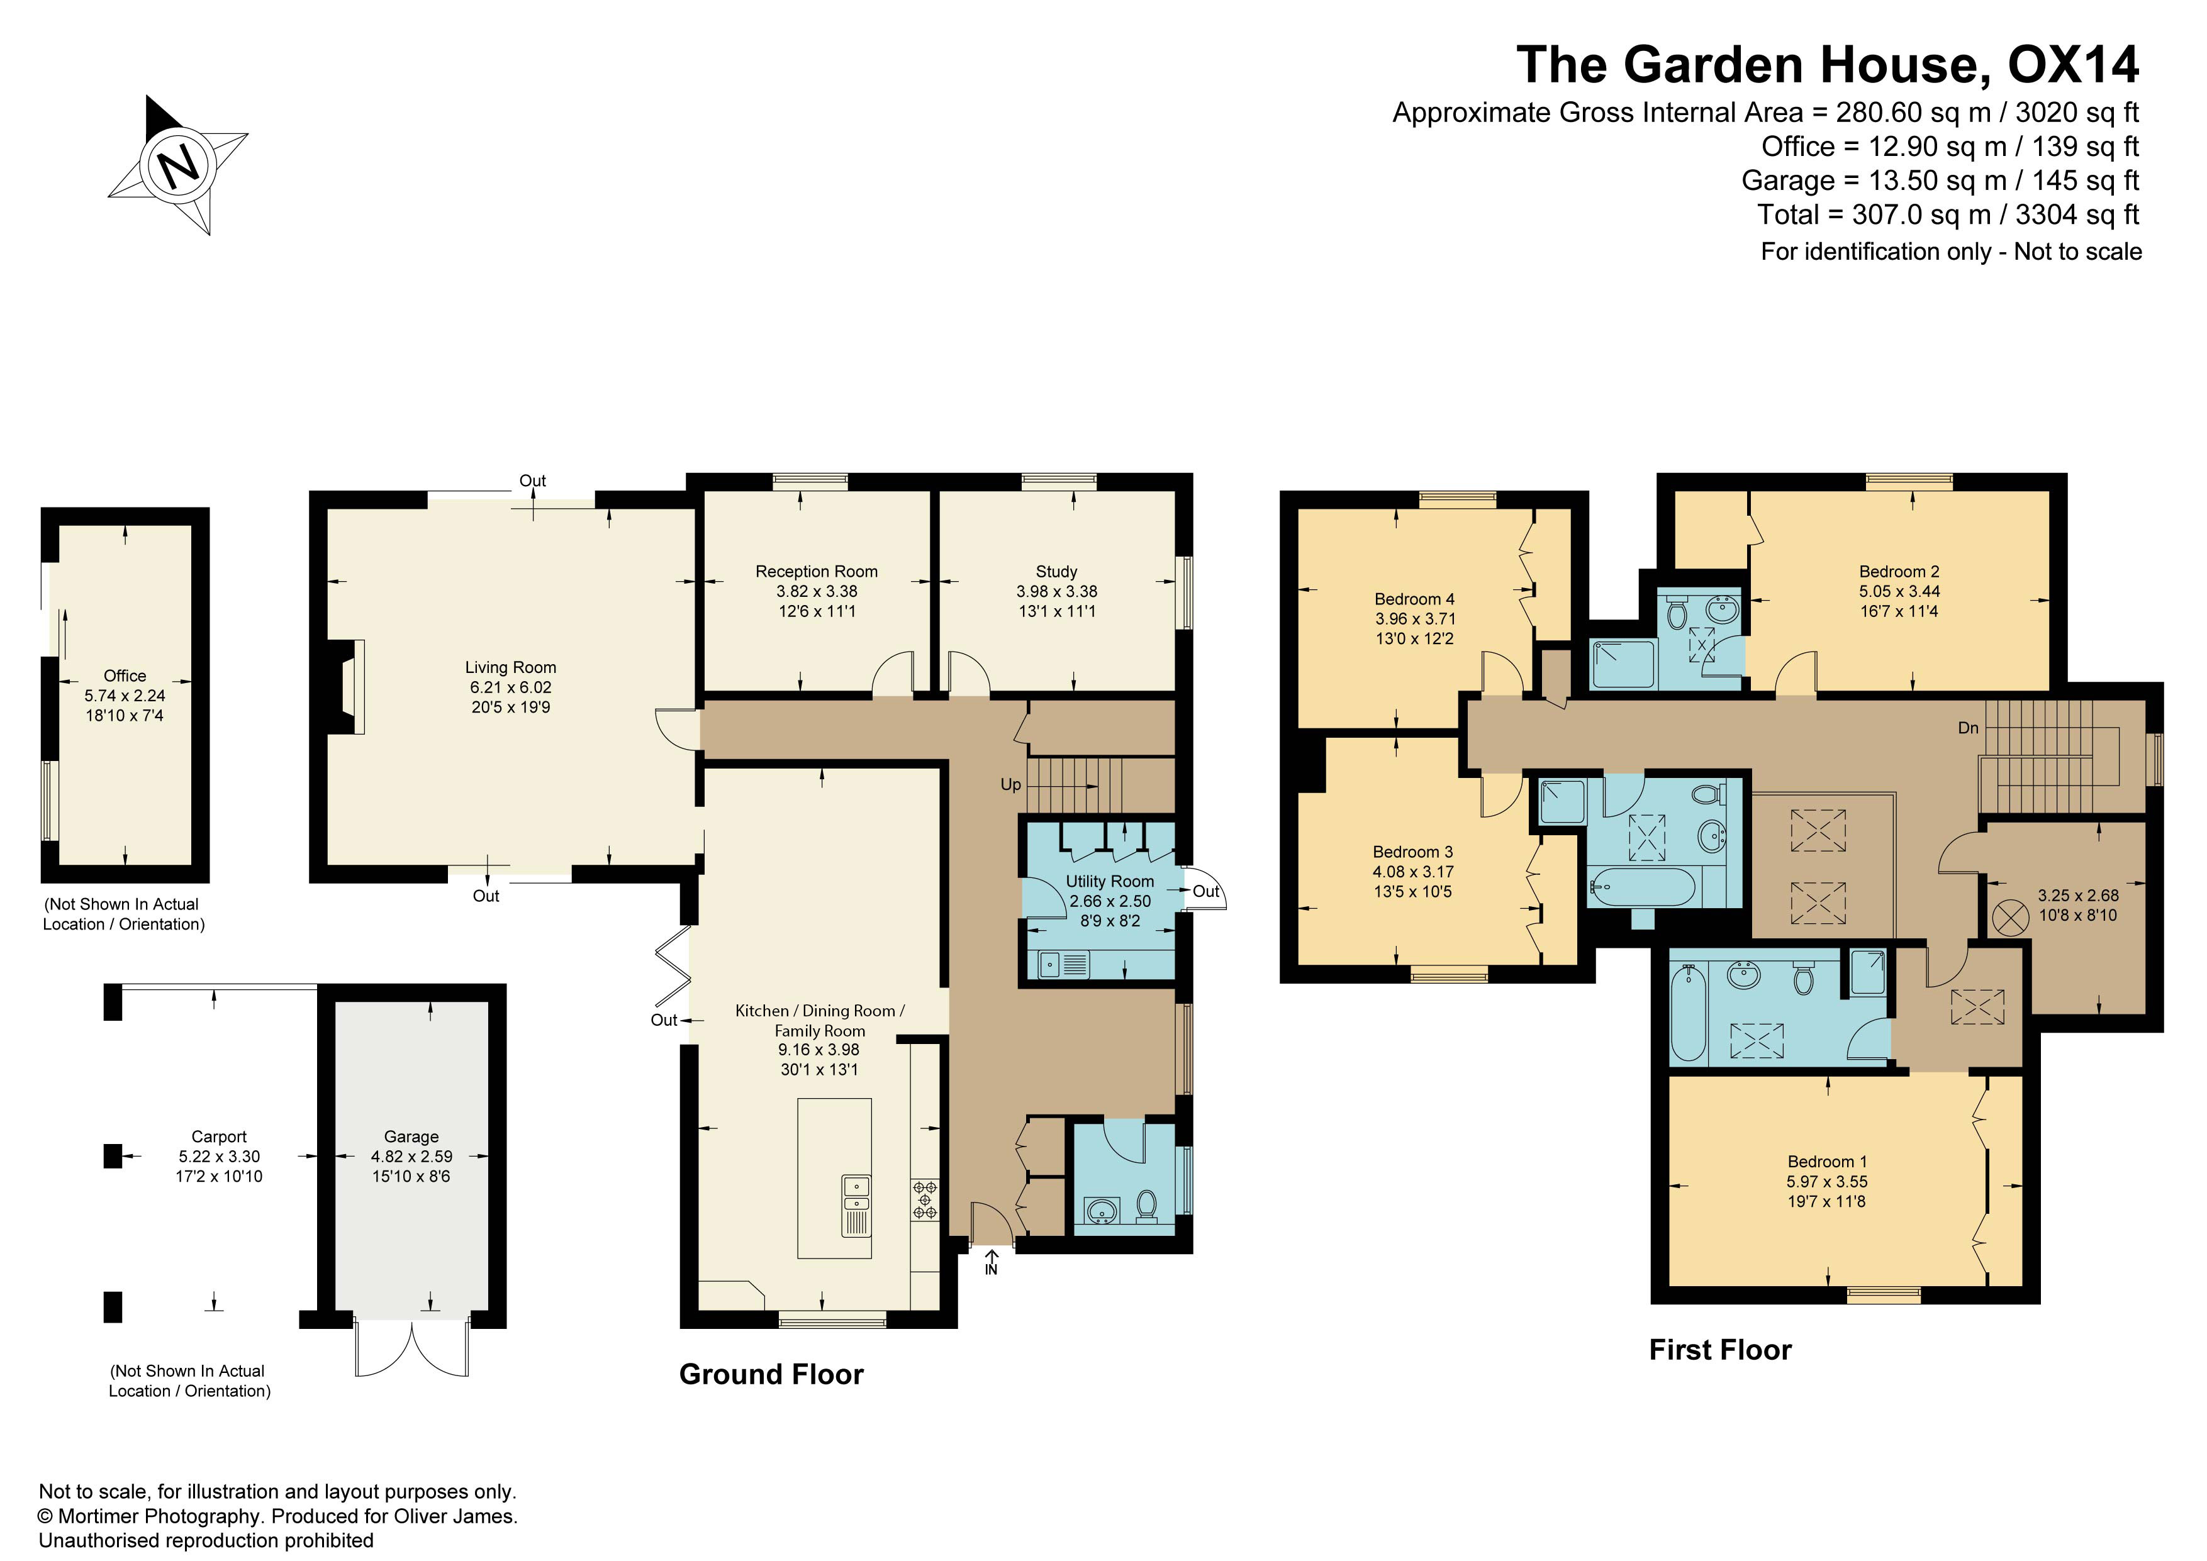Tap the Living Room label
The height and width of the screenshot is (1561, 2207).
click(x=510, y=667)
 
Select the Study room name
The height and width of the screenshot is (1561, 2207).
click(x=1056, y=571)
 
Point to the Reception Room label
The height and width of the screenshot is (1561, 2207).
click(x=816, y=571)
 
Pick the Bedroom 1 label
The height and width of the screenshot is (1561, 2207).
click(x=1826, y=1161)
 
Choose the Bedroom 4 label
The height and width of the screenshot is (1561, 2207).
click(x=1414, y=599)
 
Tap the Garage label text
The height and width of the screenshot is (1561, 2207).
click(x=411, y=1136)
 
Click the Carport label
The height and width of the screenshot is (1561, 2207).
click(x=219, y=1136)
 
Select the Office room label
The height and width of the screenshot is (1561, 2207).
click(x=125, y=675)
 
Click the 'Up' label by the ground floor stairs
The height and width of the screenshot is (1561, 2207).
click(x=1010, y=784)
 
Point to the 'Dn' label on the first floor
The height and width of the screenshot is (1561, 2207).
click(x=1968, y=728)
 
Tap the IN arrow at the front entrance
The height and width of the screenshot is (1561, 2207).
click(x=991, y=1261)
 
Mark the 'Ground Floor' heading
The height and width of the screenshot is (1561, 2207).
click(x=771, y=1375)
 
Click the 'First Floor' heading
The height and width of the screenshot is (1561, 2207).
click(x=1721, y=1350)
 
